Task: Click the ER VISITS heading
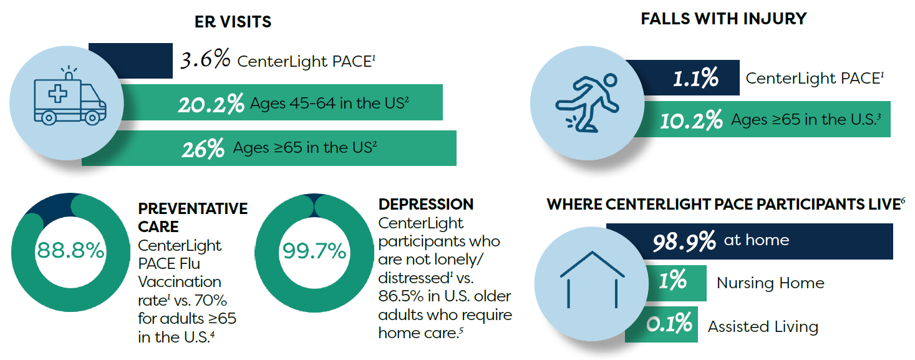[233, 22]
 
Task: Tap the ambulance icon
[70, 97]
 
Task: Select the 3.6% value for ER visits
[205, 61]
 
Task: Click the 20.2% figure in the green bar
[210, 104]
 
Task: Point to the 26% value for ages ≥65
[203, 148]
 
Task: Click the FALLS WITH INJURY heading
[724, 19]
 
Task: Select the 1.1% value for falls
[695, 79]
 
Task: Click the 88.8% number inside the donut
[70, 251]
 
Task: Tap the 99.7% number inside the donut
[314, 251]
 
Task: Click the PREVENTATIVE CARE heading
[192, 217]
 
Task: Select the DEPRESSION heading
[426, 204]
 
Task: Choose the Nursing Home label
[770, 283]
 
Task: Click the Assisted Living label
[763, 326]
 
